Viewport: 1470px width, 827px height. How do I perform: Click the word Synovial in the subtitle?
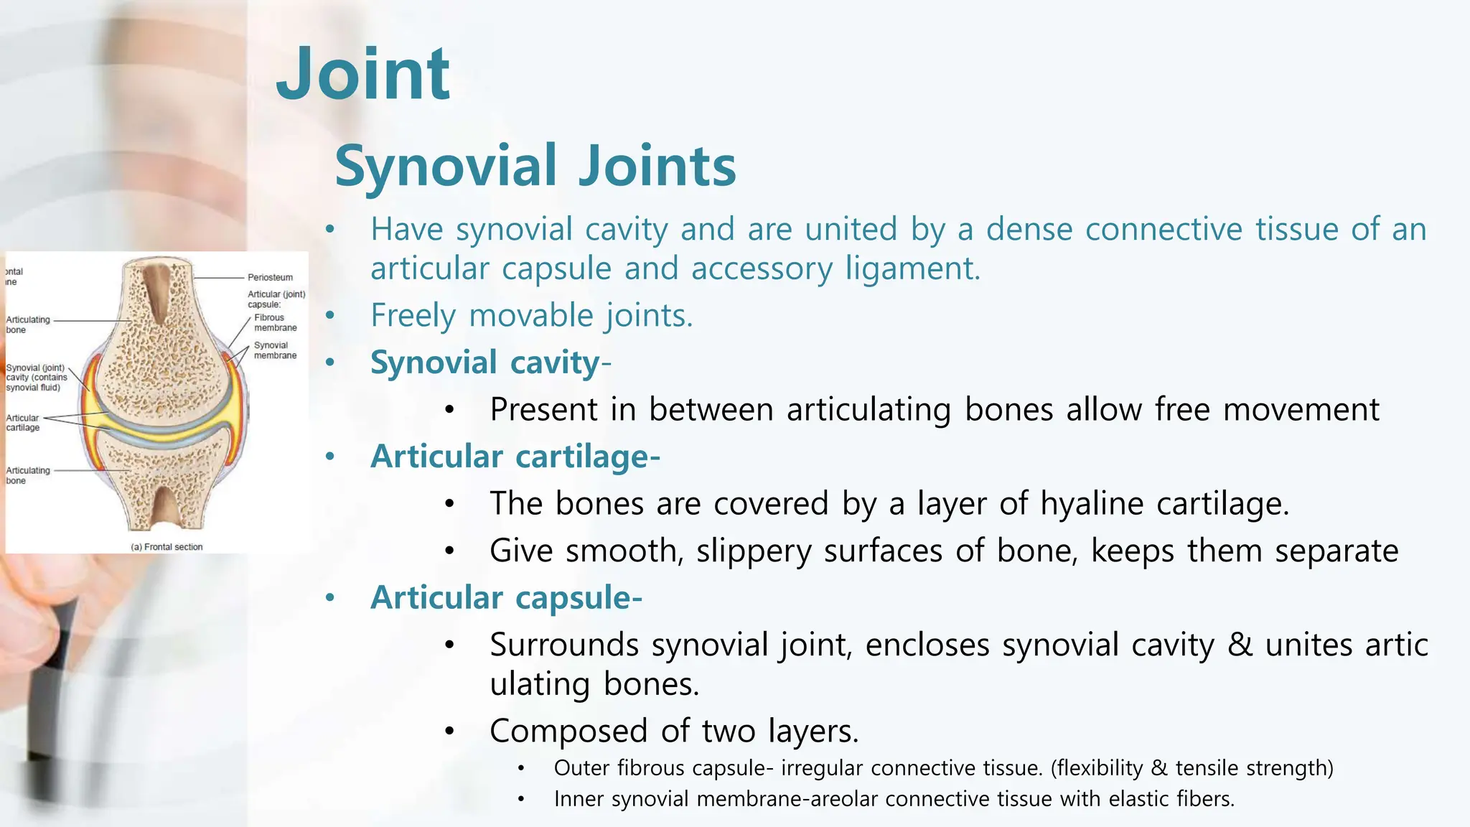point(446,167)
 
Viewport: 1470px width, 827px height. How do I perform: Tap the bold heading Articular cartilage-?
point(515,457)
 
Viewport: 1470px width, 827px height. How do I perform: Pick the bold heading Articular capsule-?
point(506,598)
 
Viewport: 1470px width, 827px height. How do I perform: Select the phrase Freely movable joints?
point(531,316)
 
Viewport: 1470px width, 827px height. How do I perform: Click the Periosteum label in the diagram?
point(270,277)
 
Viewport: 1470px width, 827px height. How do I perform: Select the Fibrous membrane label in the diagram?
point(275,322)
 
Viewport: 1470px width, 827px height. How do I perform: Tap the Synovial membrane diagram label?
point(275,350)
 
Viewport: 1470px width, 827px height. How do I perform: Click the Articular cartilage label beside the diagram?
point(23,423)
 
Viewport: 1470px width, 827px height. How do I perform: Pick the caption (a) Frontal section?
point(167,547)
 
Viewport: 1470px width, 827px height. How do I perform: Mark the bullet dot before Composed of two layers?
point(449,732)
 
